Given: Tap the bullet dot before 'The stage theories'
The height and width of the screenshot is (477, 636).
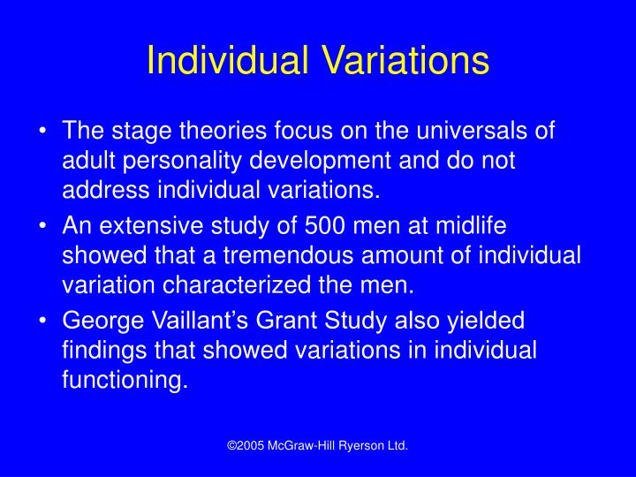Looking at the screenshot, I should click(44, 132).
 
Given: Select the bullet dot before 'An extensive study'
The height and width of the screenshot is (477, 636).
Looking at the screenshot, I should click(44, 226).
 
